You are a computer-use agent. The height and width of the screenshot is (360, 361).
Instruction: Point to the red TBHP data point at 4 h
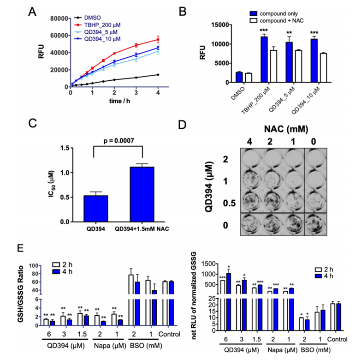coord(158,40)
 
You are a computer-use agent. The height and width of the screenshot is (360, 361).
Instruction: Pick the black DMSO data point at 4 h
coord(158,75)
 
